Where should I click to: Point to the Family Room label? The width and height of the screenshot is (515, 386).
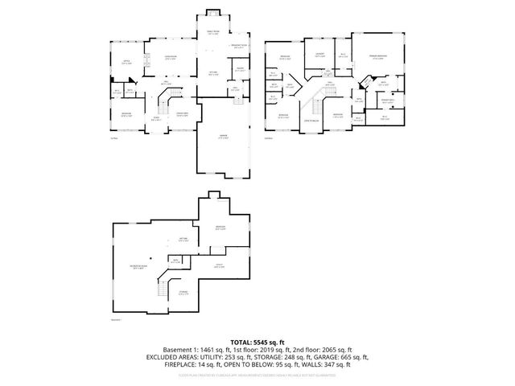coord(213,33)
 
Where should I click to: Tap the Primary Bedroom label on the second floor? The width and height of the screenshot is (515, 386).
coord(377,57)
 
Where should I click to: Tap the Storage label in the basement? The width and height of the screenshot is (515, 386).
coord(183,292)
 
